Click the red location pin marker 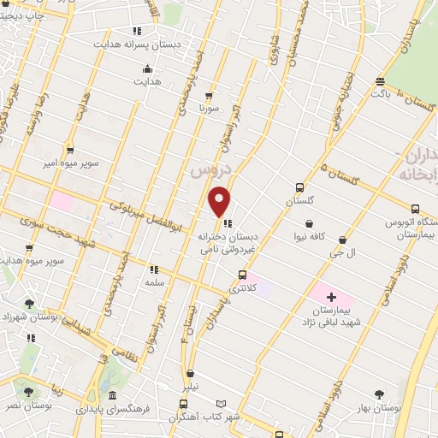(x=220, y=203)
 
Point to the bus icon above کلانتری (x=243, y=275)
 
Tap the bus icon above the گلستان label (x=299, y=187)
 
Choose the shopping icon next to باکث (x=380, y=81)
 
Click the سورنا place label (x=210, y=109)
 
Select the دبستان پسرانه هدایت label (x=127, y=44)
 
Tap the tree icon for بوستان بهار (x=379, y=394)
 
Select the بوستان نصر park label (x=28, y=405)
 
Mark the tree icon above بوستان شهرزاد (x=31, y=303)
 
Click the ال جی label (x=342, y=253)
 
